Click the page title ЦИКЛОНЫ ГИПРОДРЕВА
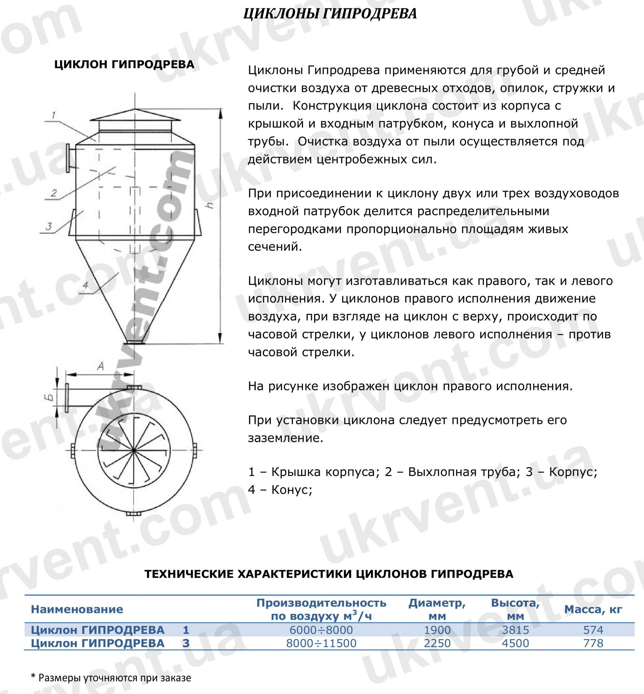click(x=330, y=14)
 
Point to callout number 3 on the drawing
click(x=49, y=227)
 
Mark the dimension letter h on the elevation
click(x=210, y=205)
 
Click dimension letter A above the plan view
click(x=100, y=366)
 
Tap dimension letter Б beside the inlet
click(x=50, y=397)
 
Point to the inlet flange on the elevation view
click(x=68, y=158)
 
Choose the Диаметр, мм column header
click(x=437, y=609)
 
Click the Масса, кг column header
click(x=593, y=609)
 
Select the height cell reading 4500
click(x=515, y=643)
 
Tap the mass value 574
click(x=593, y=629)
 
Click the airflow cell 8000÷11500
click(x=321, y=643)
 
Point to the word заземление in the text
click(x=285, y=438)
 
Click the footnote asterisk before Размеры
click(x=33, y=676)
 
